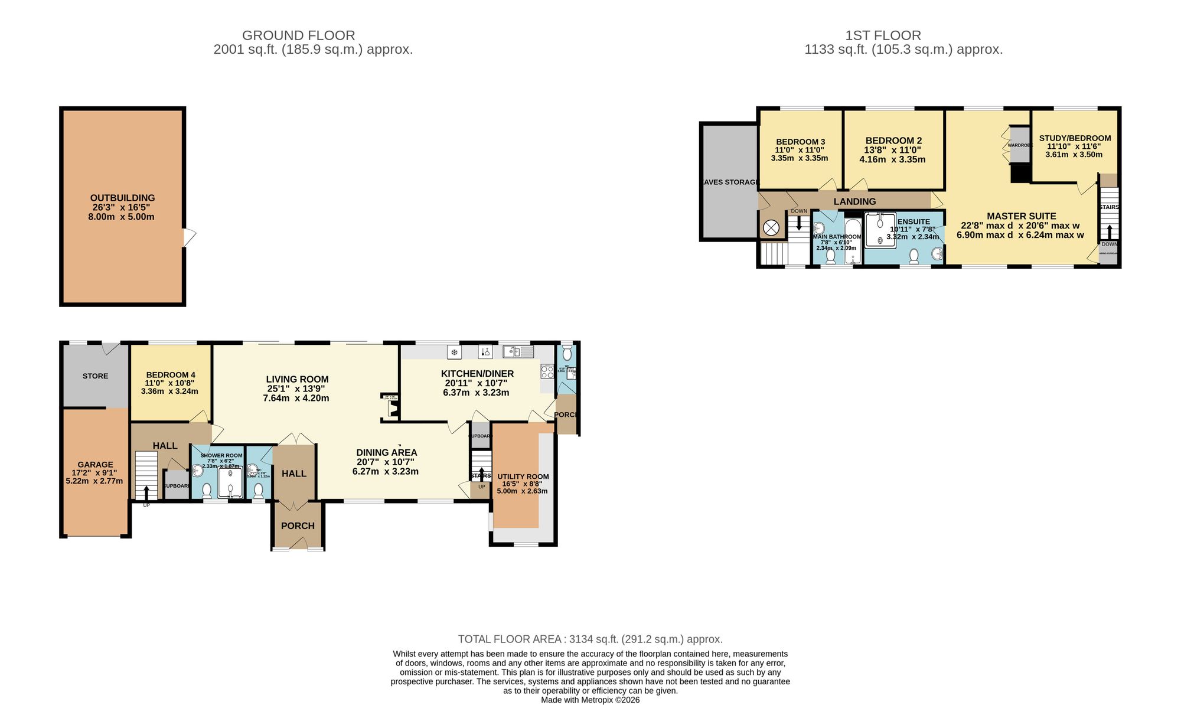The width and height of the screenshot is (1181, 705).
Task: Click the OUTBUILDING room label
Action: tap(122, 198)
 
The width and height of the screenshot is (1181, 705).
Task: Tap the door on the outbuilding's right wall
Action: tap(188, 237)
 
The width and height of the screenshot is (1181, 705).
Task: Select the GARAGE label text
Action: tap(95, 465)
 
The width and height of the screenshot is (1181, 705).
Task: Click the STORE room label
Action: tap(95, 376)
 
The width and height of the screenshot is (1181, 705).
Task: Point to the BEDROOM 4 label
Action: tap(170, 375)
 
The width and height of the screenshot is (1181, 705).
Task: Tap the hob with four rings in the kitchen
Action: tap(547, 371)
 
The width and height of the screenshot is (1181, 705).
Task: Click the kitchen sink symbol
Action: tap(518, 352)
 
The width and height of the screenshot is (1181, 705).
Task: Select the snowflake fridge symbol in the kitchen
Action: tap(454, 352)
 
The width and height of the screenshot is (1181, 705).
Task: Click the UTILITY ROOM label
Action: tap(523, 476)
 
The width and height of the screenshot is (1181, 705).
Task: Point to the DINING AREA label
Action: tap(386, 452)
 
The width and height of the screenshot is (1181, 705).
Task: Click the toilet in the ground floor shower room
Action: tap(207, 490)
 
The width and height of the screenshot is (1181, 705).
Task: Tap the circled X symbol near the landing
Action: tap(771, 227)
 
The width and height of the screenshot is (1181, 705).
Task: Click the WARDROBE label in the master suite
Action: tap(1019, 145)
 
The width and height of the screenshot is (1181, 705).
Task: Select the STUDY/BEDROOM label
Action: tap(1075, 138)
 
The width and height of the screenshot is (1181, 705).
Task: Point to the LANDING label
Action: tap(854, 201)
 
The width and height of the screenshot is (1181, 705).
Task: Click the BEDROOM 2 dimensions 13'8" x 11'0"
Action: tap(893, 150)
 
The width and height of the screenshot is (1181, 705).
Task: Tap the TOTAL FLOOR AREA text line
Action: tap(590, 639)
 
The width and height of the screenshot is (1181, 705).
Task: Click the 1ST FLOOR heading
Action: tap(882, 35)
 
